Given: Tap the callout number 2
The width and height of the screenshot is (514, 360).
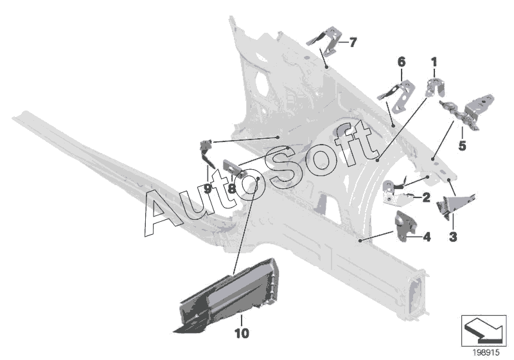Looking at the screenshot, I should pos(425,198).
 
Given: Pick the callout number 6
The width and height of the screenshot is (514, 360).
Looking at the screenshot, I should pos(402,62).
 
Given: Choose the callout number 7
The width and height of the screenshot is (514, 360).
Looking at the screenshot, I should pos(353,42).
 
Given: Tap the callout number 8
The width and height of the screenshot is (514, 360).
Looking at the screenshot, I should pos(232,189).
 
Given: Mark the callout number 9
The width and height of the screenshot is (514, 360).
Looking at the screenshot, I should pos(208,189).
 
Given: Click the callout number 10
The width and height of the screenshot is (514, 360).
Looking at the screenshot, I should pos(241,334).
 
